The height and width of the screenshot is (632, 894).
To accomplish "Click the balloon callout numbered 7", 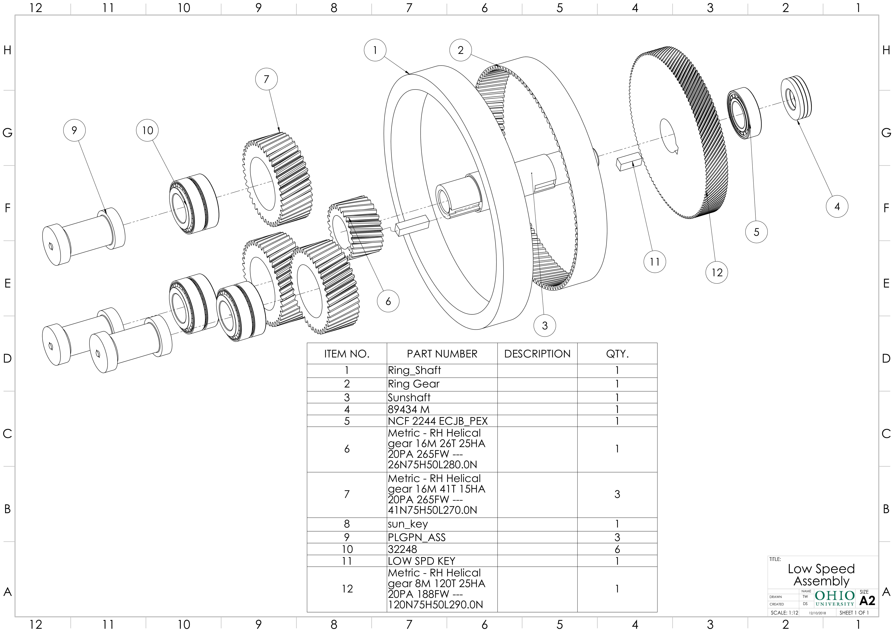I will (266, 79).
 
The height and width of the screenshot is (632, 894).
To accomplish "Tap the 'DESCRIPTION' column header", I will (537, 354).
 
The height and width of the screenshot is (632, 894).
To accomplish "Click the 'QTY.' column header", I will (617, 354).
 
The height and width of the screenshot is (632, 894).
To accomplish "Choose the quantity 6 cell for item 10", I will (617, 549).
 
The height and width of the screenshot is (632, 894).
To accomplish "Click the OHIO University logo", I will (835, 598).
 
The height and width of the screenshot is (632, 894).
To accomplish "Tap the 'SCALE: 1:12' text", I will (784, 613).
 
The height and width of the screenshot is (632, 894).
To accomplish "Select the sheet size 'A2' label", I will (867, 600).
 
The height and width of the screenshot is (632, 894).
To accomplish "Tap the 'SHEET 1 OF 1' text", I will (854, 613).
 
